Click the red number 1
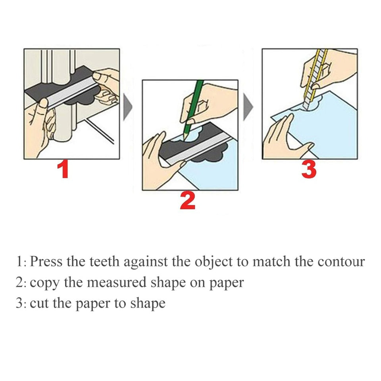pos(63,169)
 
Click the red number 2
pos(187,201)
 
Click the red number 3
pos(309,169)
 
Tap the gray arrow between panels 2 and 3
pos(248,107)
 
